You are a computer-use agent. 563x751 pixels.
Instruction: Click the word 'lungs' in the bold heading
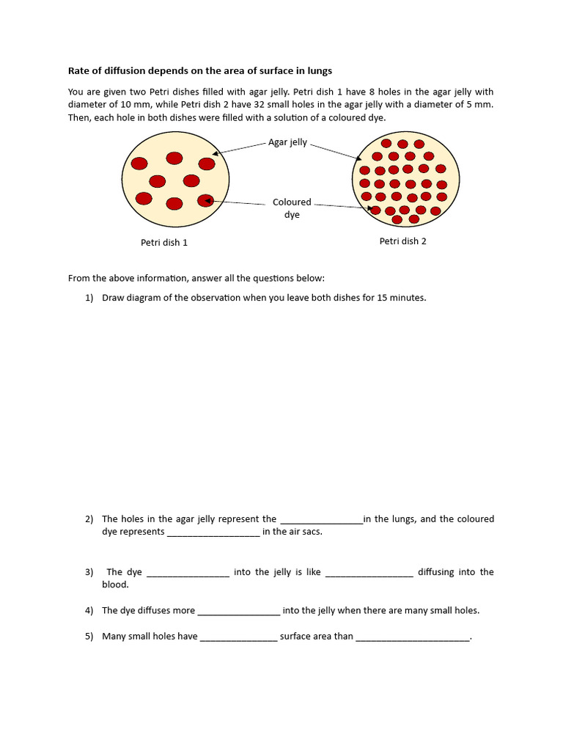tap(319, 70)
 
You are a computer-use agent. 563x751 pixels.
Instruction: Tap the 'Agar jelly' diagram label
tap(287, 142)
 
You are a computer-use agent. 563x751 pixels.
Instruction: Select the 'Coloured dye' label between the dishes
tap(292, 208)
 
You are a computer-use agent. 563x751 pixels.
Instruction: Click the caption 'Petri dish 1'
tap(164, 243)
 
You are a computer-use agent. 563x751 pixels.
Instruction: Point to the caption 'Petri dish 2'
tap(402, 241)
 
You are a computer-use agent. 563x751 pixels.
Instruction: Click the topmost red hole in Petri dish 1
tap(174, 158)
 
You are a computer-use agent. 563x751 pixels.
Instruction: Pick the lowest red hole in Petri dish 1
tap(174, 203)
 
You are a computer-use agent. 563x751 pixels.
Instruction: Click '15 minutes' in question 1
tap(401, 298)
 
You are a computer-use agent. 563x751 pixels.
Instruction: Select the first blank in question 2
tap(321, 519)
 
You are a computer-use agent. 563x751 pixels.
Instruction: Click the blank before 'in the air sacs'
tap(213, 532)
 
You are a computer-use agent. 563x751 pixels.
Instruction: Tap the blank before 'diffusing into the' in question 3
tap(369, 572)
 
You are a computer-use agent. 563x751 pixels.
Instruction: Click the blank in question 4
tap(239, 610)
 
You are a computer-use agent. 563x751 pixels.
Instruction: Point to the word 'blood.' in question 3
tap(115, 585)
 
